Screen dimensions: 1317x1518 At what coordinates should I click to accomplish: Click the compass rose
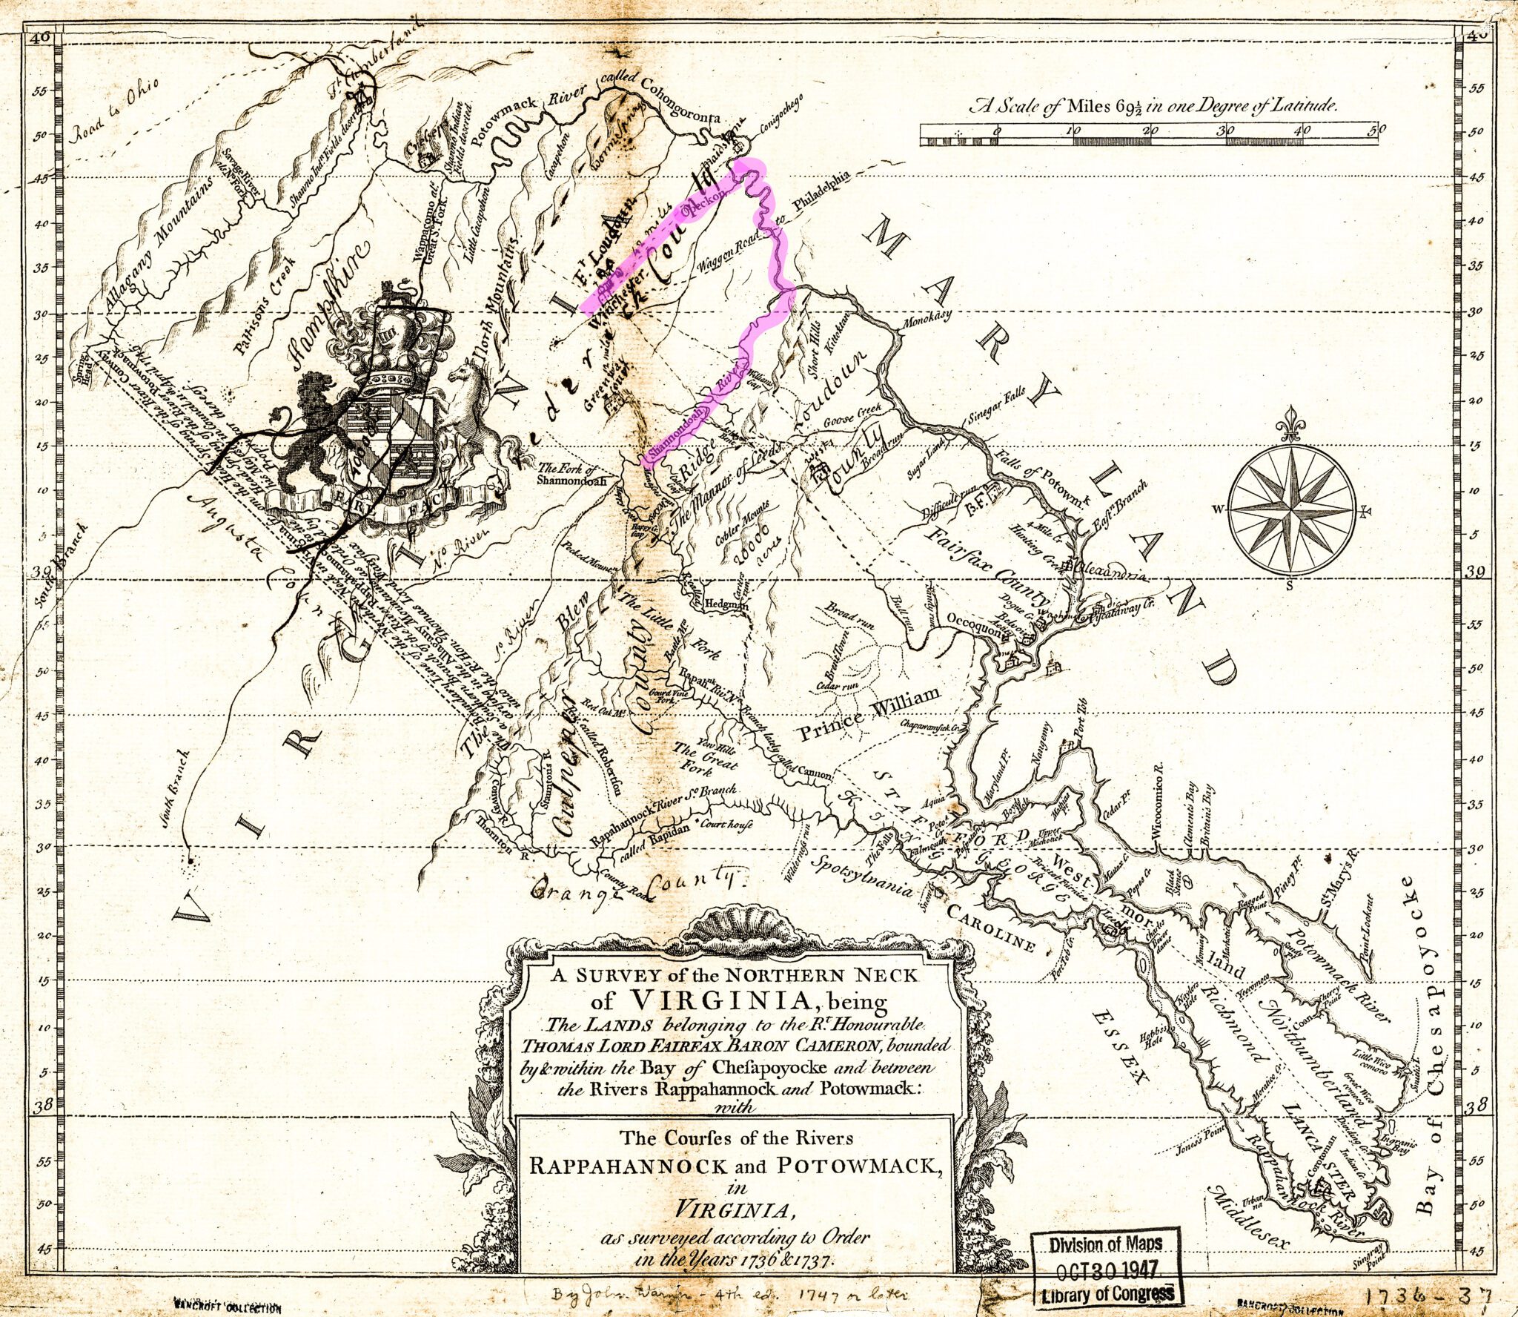click(x=1291, y=509)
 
